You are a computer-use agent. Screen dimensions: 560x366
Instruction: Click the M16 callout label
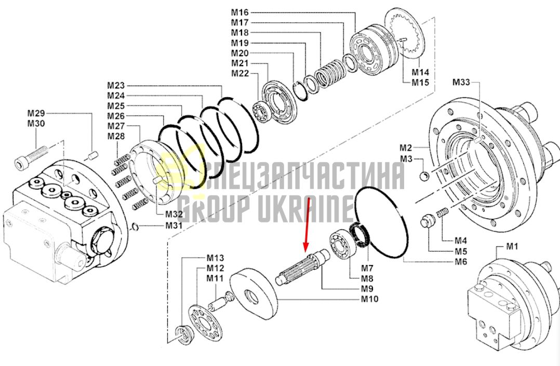tap(239, 12)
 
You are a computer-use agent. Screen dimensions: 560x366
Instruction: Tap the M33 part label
tap(461, 82)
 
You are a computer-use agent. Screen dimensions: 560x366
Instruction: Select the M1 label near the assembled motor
tap(512, 246)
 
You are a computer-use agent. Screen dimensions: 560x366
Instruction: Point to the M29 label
tap(36, 113)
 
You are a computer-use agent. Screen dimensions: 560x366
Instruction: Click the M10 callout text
tap(369, 299)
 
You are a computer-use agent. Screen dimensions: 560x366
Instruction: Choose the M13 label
tap(216, 258)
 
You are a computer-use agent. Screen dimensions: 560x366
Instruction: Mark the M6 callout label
tap(461, 262)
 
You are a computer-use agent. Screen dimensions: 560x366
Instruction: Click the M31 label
tap(174, 226)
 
